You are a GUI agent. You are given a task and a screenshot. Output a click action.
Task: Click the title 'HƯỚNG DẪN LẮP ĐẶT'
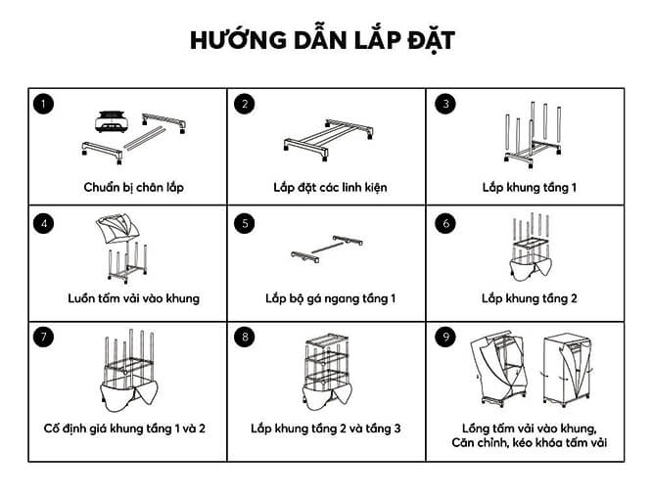click(x=322, y=41)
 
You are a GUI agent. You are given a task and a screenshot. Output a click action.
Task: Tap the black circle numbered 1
click(x=44, y=104)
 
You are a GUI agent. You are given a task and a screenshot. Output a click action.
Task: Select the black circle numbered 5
click(x=245, y=223)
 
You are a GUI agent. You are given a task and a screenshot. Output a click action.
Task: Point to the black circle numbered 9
click(x=445, y=337)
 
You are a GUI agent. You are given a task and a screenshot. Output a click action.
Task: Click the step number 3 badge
click(x=445, y=104)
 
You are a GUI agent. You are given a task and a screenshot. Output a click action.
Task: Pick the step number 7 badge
click(x=44, y=337)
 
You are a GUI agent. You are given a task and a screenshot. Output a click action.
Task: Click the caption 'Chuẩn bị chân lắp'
click(x=133, y=188)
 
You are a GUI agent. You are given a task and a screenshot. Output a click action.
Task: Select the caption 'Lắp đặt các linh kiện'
click(x=330, y=188)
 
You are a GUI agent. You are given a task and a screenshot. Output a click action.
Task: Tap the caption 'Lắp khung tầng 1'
click(x=530, y=188)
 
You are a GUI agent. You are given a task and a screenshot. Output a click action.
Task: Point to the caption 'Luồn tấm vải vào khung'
click(x=133, y=298)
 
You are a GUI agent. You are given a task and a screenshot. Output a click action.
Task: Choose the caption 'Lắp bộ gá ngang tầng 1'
click(x=331, y=298)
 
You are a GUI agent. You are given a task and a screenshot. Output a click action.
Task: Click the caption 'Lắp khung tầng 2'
click(x=530, y=298)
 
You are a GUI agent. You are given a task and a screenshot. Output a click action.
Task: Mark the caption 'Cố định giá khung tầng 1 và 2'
click(x=124, y=429)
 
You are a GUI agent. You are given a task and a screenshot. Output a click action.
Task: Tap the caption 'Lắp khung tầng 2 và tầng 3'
click(x=326, y=429)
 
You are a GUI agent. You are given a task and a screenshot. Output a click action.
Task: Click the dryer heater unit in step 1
click(x=111, y=121)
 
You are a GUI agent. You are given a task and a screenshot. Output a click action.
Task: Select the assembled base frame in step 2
click(x=328, y=140)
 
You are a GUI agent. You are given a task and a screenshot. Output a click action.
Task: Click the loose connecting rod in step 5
click(x=328, y=248)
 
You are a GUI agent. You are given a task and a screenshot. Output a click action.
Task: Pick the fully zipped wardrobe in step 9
click(x=567, y=370)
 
